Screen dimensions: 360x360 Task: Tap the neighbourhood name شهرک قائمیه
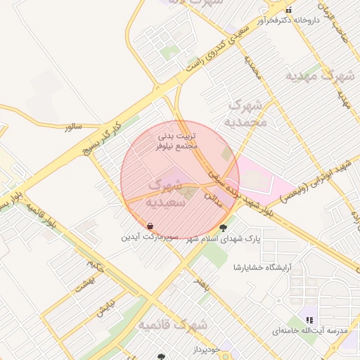173,325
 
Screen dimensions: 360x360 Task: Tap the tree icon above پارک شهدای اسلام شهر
224,227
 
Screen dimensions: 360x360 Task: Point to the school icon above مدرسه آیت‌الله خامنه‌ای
309,320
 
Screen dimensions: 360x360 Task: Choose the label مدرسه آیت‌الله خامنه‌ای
305,330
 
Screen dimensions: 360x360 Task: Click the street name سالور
73,127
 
